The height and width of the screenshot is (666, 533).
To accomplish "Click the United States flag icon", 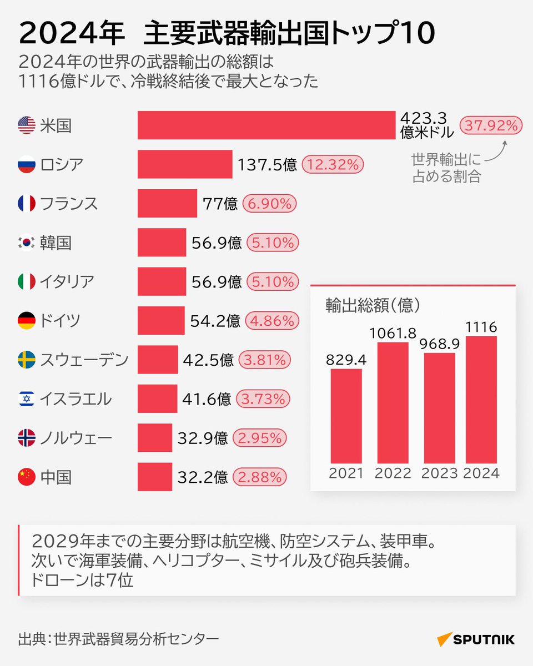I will [x=26, y=125].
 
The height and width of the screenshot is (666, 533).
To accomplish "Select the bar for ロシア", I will [x=185, y=164].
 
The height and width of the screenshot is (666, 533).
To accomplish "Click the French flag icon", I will [x=26, y=204].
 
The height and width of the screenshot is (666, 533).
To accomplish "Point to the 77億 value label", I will [x=220, y=204].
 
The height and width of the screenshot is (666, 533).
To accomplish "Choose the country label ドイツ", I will [x=60, y=321].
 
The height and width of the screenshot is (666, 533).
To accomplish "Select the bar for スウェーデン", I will [x=158, y=360].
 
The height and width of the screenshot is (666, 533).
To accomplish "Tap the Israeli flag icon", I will [x=26, y=399].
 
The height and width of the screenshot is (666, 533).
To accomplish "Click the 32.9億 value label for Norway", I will [x=203, y=438].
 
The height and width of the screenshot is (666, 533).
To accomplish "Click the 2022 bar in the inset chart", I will [x=393, y=402].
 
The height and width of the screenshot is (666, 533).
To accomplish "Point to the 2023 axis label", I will [x=439, y=473].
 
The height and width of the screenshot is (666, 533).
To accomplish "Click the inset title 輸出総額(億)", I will [x=373, y=305].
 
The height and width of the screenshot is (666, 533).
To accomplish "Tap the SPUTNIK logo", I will [x=475, y=639].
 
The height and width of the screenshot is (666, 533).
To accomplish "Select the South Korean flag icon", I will [x=26, y=243].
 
